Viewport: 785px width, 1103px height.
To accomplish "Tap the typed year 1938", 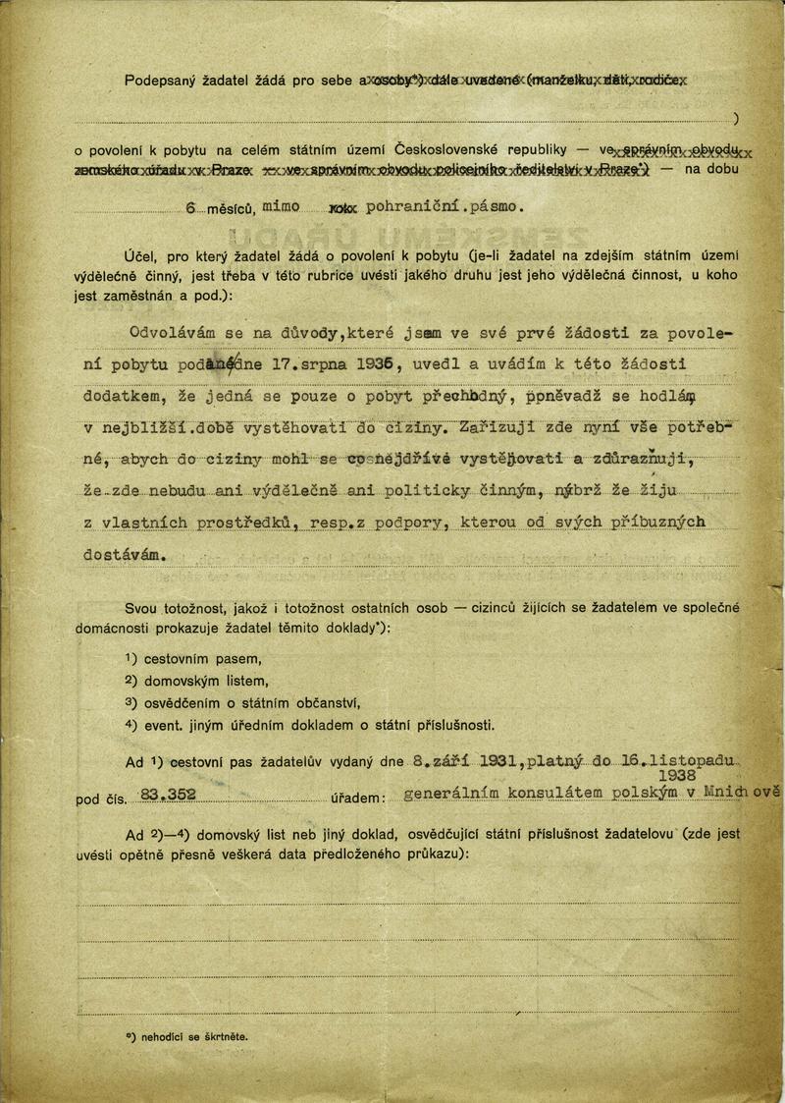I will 699,775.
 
